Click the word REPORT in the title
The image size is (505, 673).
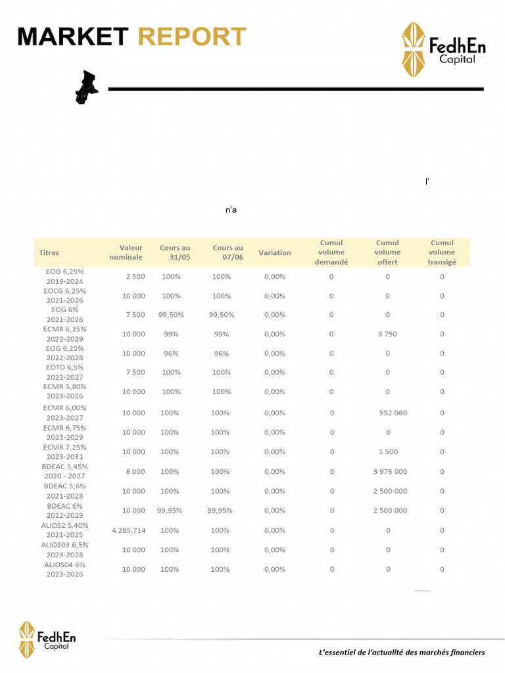pos(192,37)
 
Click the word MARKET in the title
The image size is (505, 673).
pos(72,37)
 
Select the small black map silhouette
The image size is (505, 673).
pos(85,87)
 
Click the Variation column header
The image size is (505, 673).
pos(275,252)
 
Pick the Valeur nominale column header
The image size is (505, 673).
pos(126,252)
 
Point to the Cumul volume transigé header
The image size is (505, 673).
pos(442,252)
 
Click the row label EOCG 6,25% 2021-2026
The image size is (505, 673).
pos(65,295)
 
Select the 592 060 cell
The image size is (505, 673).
pos(393,413)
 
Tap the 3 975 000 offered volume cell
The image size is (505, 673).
pos(390,471)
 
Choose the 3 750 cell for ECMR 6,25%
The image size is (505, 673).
pos(387,334)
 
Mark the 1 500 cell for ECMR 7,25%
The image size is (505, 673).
pos(387,452)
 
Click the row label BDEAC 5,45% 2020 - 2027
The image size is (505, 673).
pos(65,471)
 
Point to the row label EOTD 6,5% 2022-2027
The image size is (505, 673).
pos(65,372)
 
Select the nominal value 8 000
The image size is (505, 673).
pos(134,471)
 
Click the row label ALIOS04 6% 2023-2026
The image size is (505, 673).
pos(65,569)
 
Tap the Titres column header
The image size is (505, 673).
pos(49,252)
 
